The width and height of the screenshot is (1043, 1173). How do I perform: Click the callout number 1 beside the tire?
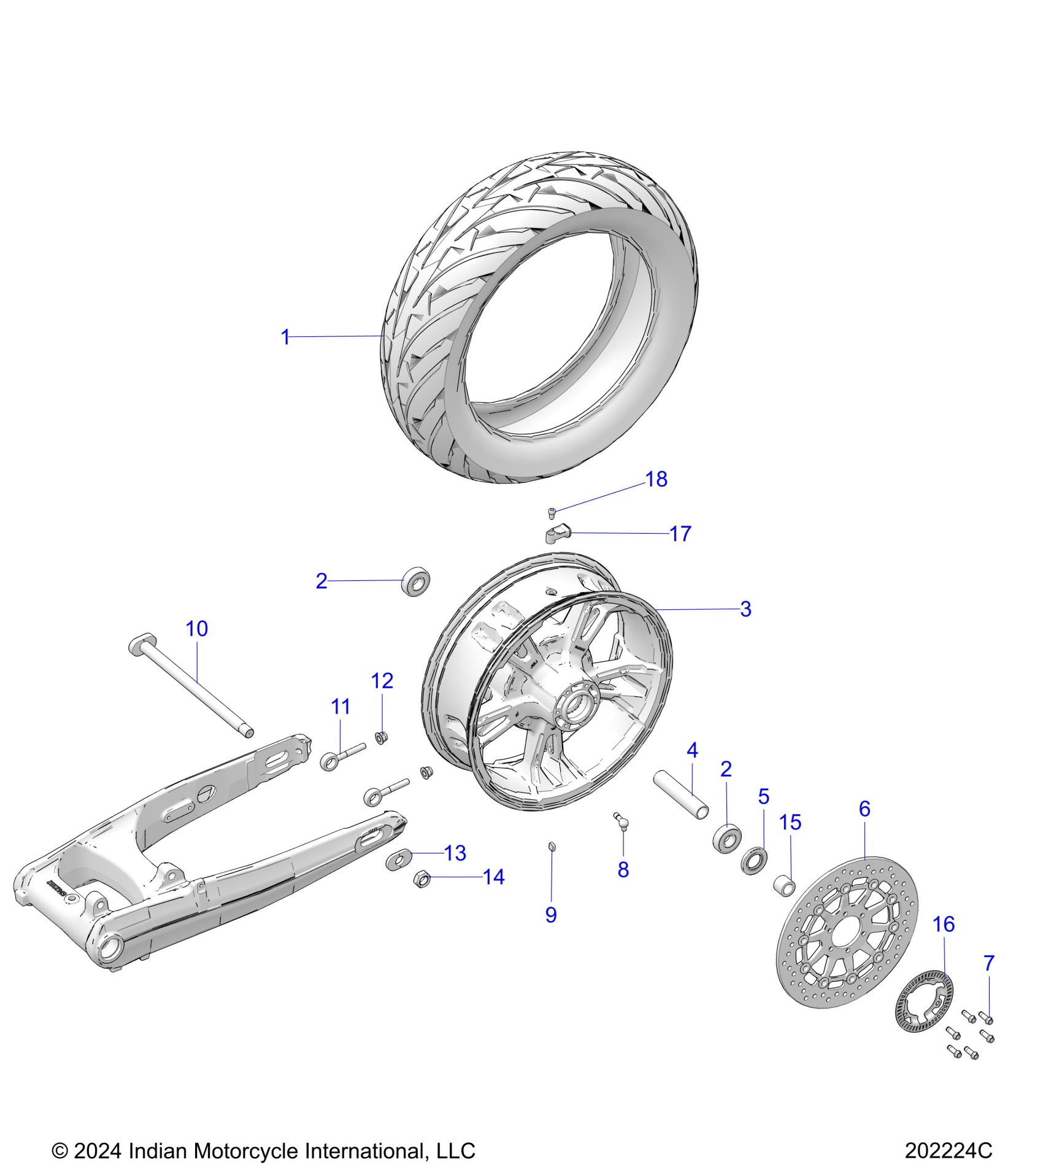coord(285,337)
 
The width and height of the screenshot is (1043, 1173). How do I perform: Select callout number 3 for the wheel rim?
coord(745,609)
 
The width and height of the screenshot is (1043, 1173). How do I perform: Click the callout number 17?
coord(680,534)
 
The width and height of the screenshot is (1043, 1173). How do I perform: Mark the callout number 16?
coord(944,924)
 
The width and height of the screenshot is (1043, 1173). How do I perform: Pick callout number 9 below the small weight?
coord(551,932)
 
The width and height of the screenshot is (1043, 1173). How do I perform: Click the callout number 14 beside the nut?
coord(494,877)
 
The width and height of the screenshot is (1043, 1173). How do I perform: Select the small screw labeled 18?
coord(552,512)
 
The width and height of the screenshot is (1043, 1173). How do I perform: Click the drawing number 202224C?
coord(948,1150)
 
